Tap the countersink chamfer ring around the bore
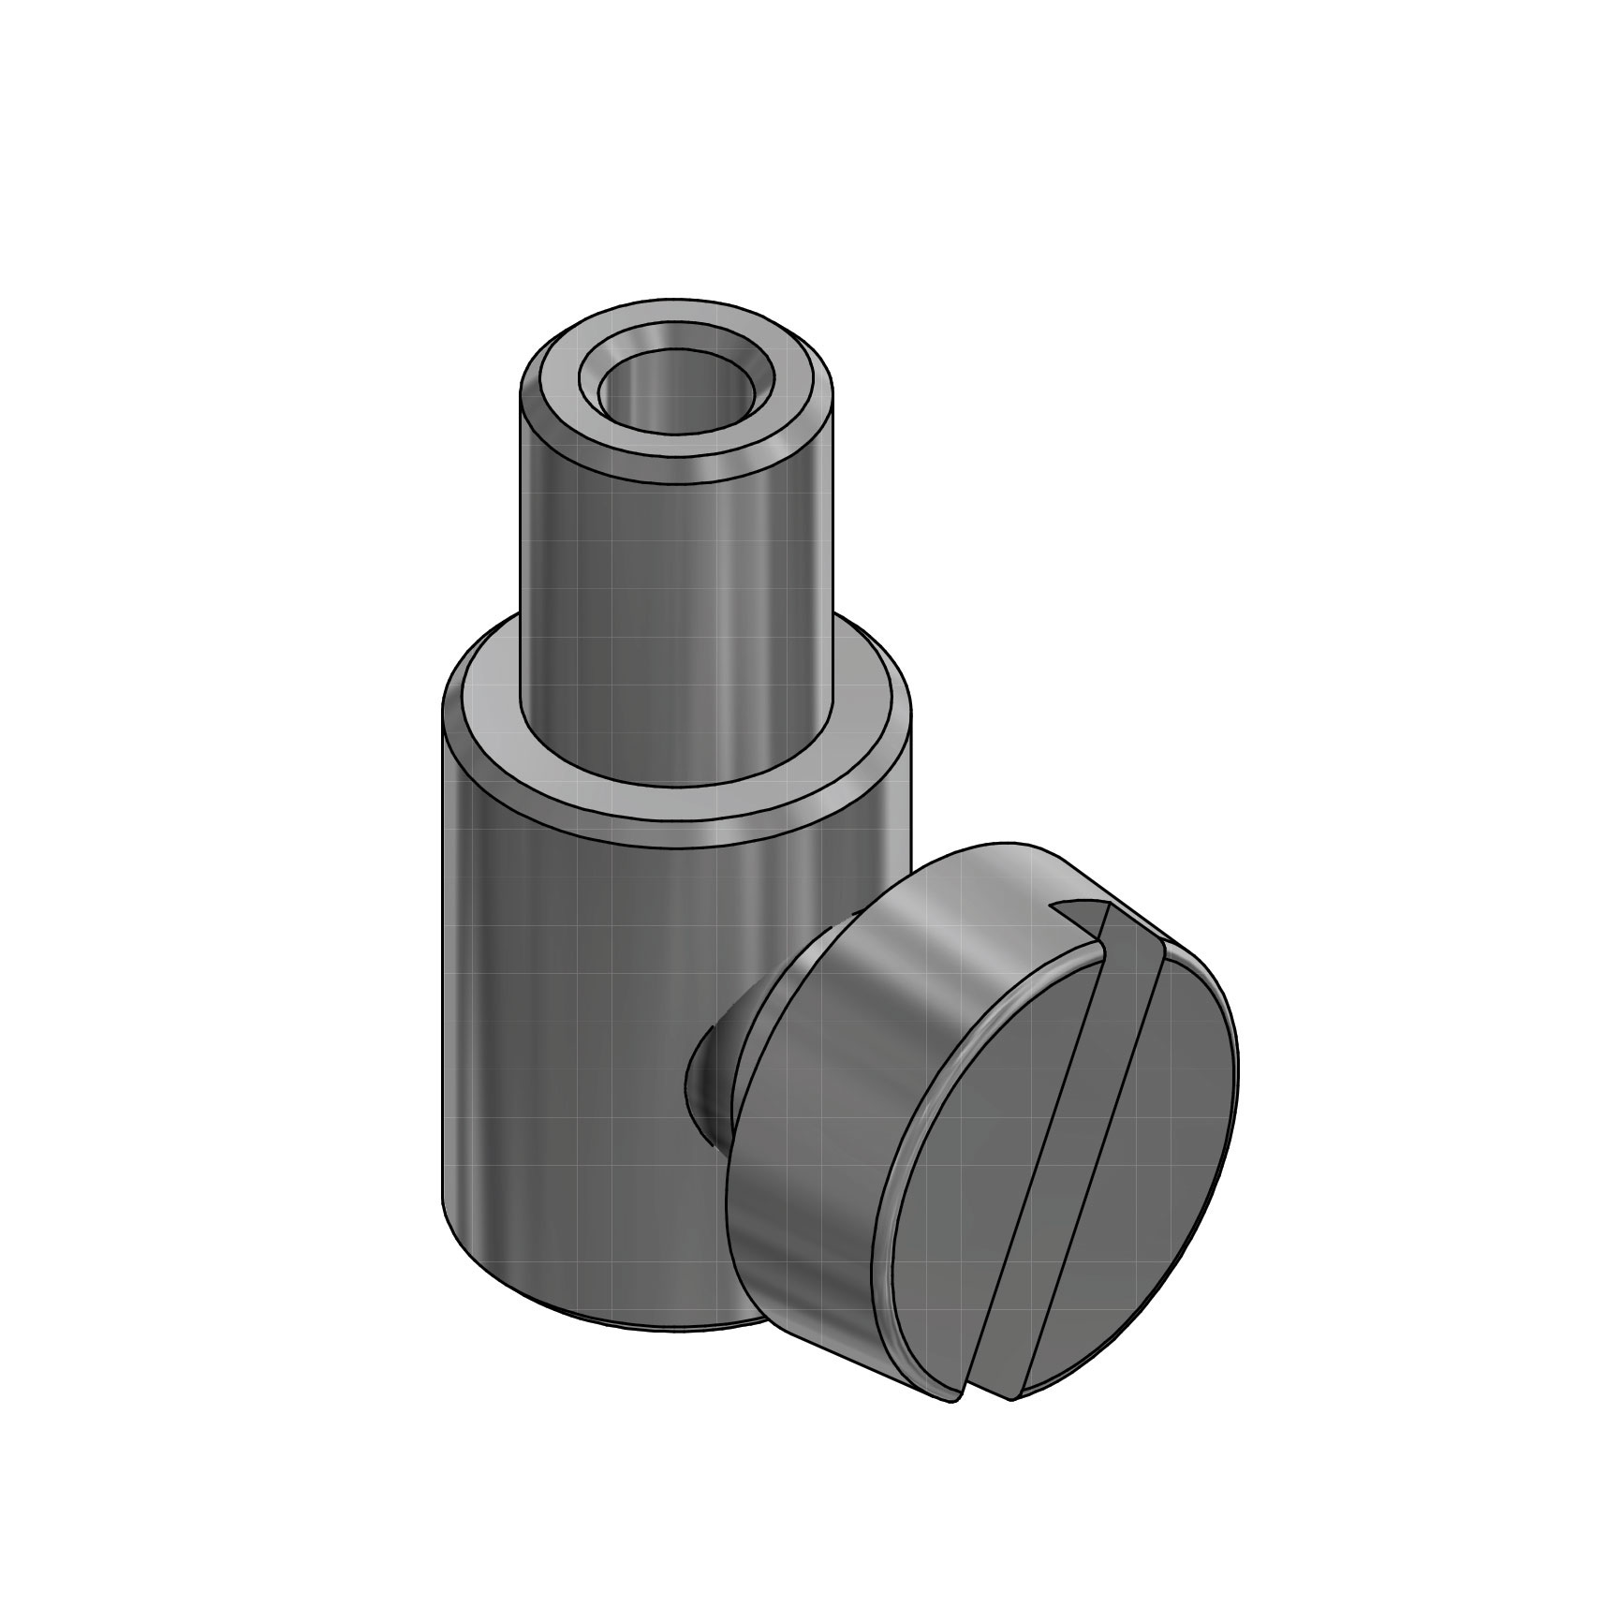point(676,359)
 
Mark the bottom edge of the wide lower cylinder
point(609,1325)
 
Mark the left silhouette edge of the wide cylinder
point(443,983)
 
